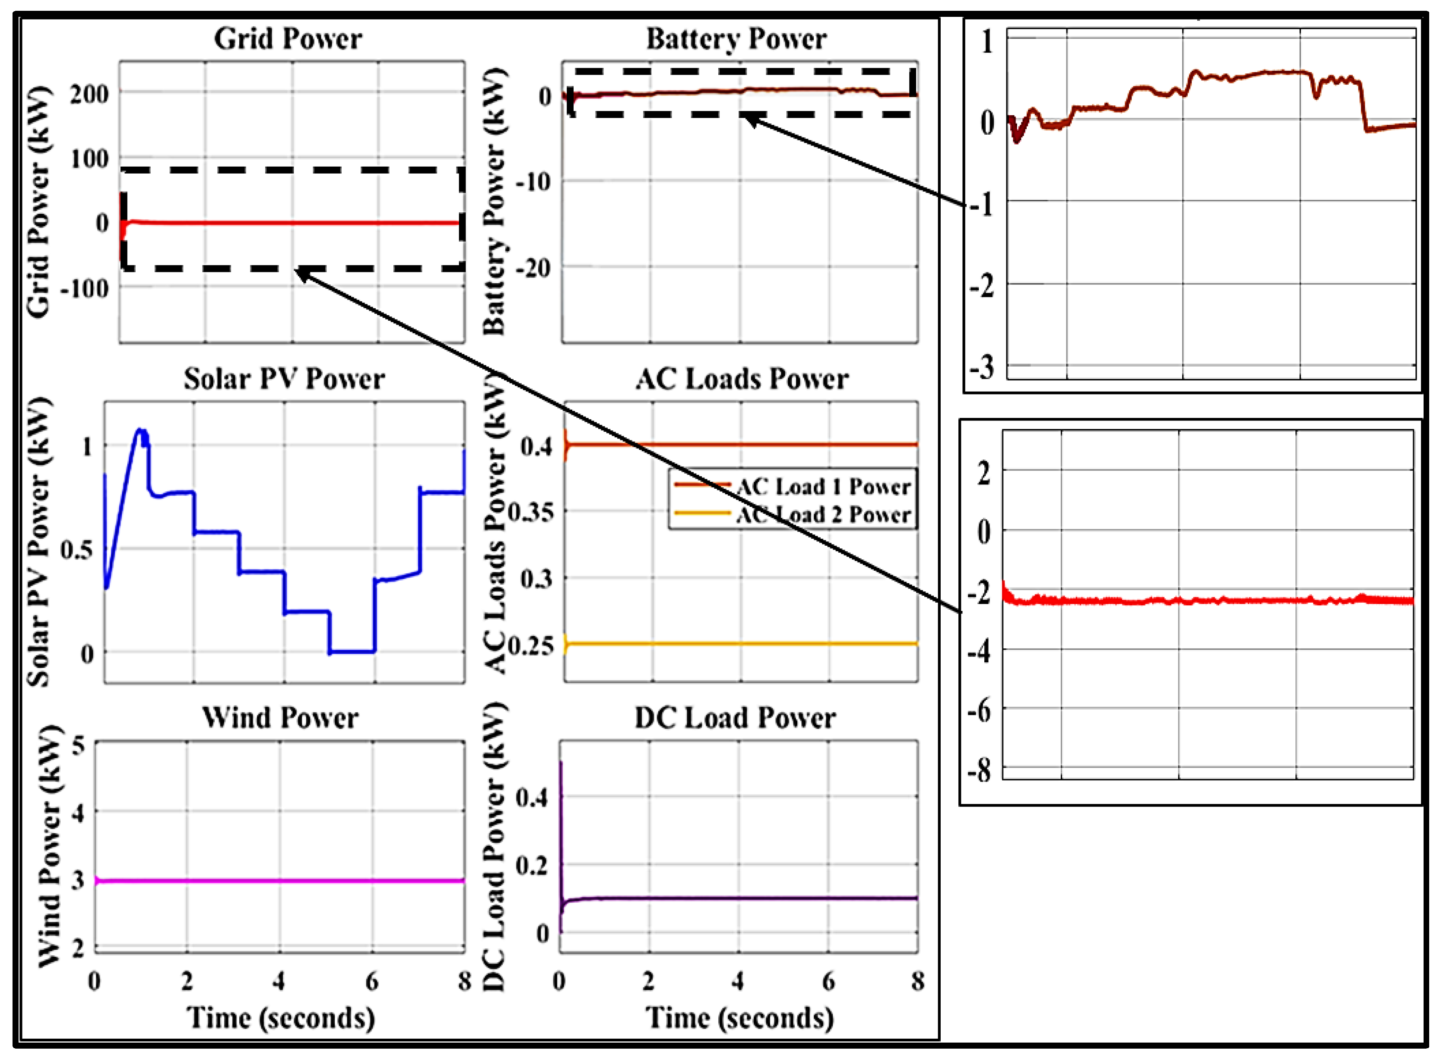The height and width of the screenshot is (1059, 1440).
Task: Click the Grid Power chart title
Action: tap(288, 39)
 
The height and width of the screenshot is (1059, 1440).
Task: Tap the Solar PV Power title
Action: tap(284, 379)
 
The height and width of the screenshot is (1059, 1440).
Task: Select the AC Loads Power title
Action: tap(742, 379)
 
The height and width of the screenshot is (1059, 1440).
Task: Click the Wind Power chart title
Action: tap(280, 718)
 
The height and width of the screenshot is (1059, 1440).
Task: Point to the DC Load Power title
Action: tap(735, 718)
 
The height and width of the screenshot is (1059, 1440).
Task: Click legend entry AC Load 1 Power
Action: tap(823, 487)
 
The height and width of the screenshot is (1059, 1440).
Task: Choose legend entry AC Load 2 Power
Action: tap(823, 515)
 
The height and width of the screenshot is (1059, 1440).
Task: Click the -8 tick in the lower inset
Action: tap(980, 769)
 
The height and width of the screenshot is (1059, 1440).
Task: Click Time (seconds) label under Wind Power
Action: tap(280, 1018)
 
